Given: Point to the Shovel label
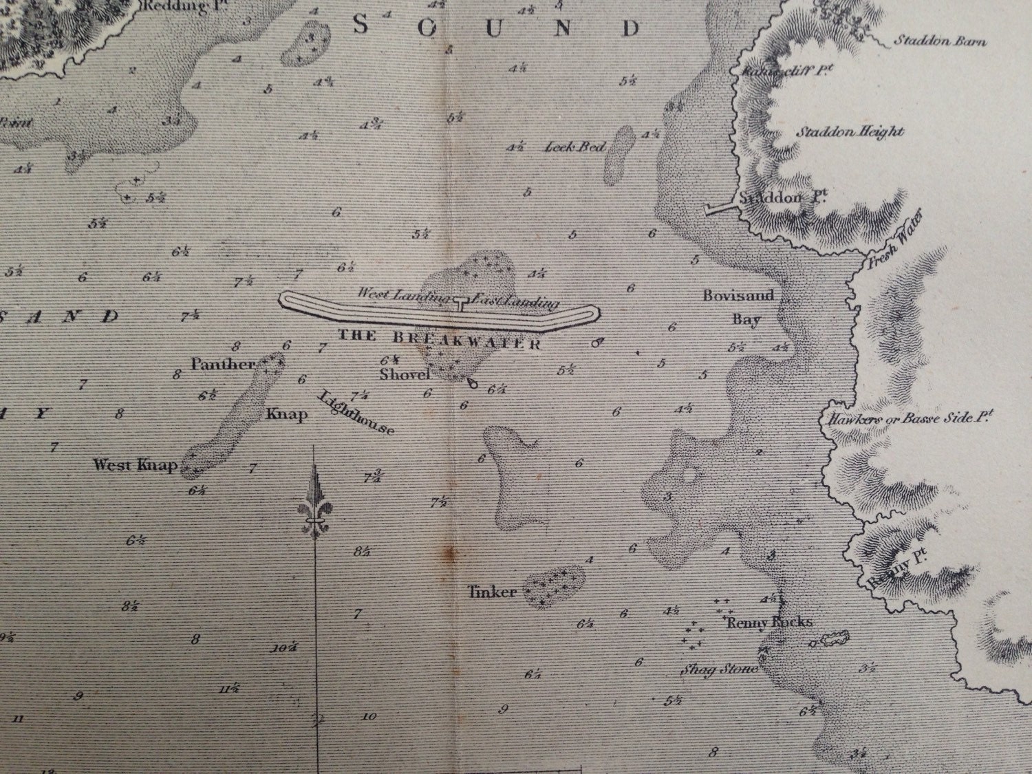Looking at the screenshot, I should coord(405,375).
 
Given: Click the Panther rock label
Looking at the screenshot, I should coord(223,364).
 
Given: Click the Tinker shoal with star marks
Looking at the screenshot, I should coord(555,584).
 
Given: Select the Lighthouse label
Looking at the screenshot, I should coord(356,413).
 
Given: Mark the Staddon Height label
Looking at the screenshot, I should coord(850,131).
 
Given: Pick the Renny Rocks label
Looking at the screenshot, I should coord(769,622).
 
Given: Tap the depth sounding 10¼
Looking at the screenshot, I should coord(284,647).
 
